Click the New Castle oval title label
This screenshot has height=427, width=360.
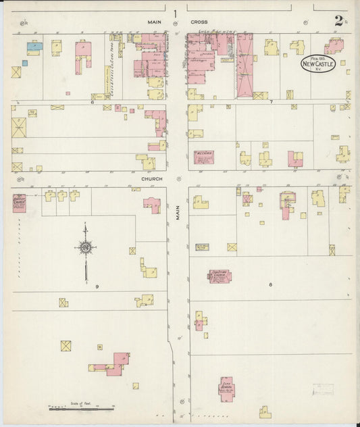click(317, 64)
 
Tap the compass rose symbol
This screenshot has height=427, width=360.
click(86, 248)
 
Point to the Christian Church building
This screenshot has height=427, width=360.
click(220, 276)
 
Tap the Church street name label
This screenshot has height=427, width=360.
click(149, 179)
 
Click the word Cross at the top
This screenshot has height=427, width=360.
click(199, 22)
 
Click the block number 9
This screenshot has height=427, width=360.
click(87, 286)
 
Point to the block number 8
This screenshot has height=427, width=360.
click(270, 284)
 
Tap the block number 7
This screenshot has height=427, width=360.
click(270, 102)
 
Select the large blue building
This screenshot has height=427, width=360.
click(34, 47)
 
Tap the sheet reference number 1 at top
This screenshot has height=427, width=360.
click(175, 13)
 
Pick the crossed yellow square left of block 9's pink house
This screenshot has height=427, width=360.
click(66, 346)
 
